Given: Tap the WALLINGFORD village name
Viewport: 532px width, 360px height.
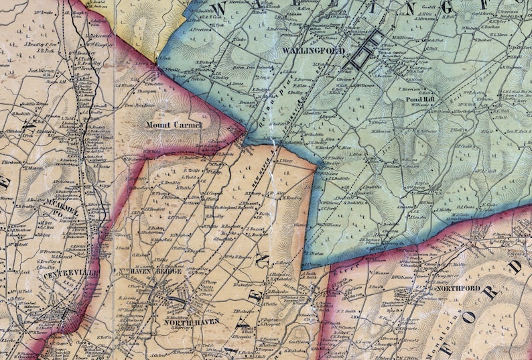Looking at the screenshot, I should (314, 51).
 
